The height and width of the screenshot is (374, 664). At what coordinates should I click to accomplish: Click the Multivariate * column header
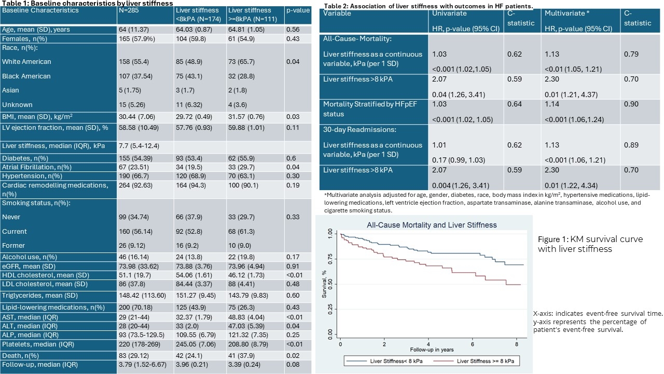[566, 13]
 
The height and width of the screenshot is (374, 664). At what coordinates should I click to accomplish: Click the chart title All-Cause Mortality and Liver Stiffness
[431, 225]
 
